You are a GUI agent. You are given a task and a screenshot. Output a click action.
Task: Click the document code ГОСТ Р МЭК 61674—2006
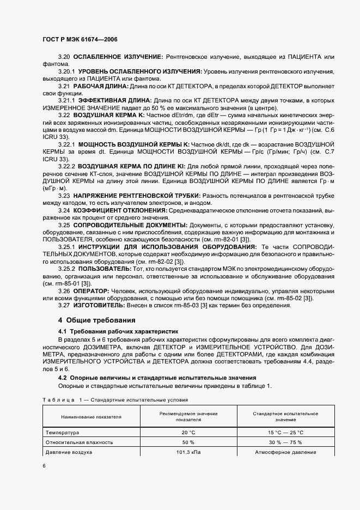80,40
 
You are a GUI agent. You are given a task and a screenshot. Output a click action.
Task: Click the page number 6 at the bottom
44,466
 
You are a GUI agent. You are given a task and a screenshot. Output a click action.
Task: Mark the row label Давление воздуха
69,452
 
